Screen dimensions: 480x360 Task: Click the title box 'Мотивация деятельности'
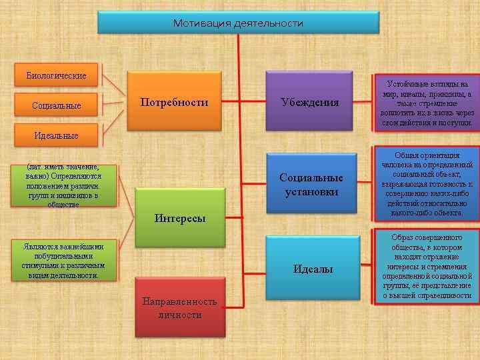point(238,23)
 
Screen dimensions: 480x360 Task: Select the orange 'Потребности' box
point(174,103)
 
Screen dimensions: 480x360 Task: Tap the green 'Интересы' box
point(179,217)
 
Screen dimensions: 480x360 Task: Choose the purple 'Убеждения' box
point(309,103)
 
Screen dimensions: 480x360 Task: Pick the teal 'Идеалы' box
point(312,269)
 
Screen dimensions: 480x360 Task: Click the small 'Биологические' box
point(56,75)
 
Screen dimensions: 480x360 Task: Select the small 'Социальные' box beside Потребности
point(56,105)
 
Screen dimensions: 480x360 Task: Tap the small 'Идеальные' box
point(56,135)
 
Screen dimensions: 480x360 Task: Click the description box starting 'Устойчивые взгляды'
point(427,104)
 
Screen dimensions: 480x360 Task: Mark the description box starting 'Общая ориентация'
point(427,184)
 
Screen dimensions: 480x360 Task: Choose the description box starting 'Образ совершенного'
point(427,266)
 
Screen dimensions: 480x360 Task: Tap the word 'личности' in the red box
point(179,314)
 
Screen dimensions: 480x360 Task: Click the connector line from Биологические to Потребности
point(112,85)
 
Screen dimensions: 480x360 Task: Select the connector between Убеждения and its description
point(363,103)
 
